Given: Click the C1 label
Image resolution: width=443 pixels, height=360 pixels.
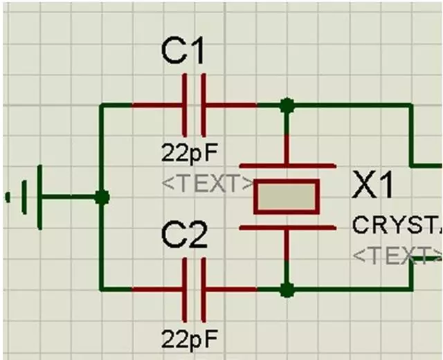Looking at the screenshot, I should pyautogui.click(x=183, y=52).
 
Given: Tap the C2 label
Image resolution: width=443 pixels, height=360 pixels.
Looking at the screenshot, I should pyautogui.click(x=184, y=237).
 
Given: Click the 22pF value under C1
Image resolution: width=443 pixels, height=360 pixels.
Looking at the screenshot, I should pyautogui.click(x=190, y=152).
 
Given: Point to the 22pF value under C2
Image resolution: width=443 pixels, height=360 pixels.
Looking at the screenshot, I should pyautogui.click(x=190, y=339).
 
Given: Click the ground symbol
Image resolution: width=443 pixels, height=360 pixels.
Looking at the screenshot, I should pyautogui.click(x=31, y=197).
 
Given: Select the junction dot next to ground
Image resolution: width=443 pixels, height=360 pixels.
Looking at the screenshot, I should pyautogui.click(x=102, y=197).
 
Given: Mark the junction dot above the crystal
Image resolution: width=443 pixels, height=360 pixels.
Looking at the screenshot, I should pyautogui.click(x=287, y=106).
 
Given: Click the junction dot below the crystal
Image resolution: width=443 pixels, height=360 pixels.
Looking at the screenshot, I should pyautogui.click(x=287, y=289).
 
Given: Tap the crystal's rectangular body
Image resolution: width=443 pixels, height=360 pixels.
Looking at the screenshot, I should pyautogui.click(x=287, y=197).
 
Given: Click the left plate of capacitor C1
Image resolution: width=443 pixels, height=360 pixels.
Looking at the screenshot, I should pyautogui.click(x=185, y=106).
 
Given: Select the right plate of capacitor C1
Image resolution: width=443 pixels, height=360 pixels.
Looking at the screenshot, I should pyautogui.click(x=204, y=106).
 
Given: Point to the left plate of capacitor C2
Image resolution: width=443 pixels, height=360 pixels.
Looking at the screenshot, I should pyautogui.click(x=185, y=289).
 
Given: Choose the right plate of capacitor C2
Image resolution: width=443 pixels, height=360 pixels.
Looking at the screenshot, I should pyautogui.click(x=204, y=289).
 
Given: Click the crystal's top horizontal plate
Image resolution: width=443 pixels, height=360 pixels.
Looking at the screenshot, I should pyautogui.click(x=287, y=166).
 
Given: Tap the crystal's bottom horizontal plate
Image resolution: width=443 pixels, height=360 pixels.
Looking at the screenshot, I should pyautogui.click(x=287, y=227).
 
